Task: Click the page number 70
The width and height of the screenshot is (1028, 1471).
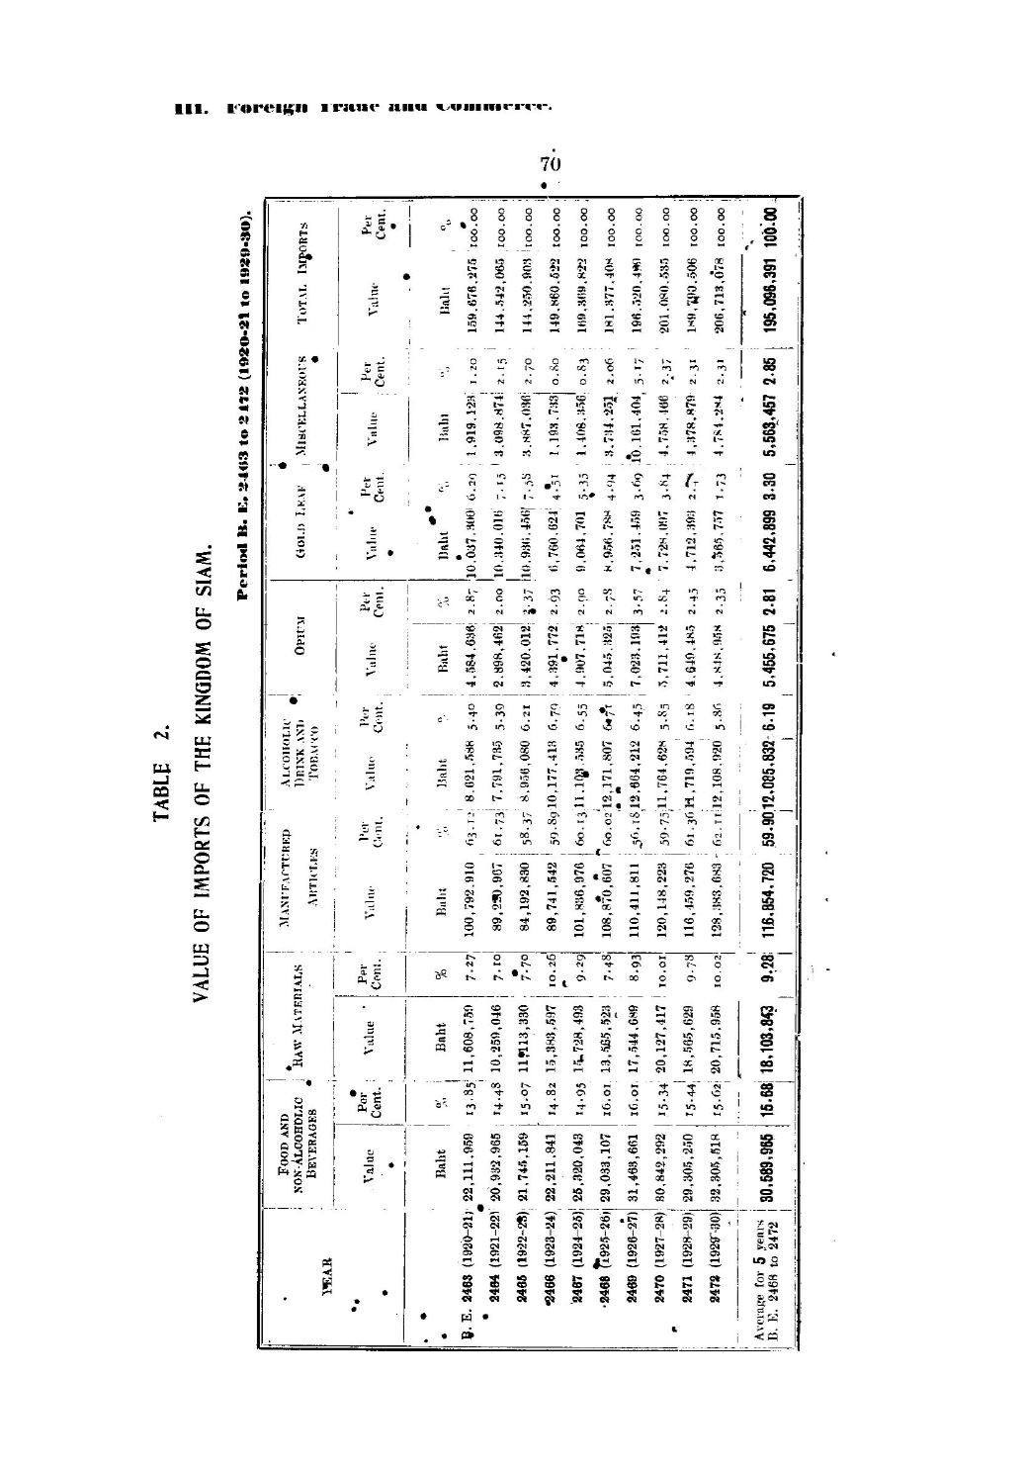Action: (x=551, y=162)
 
